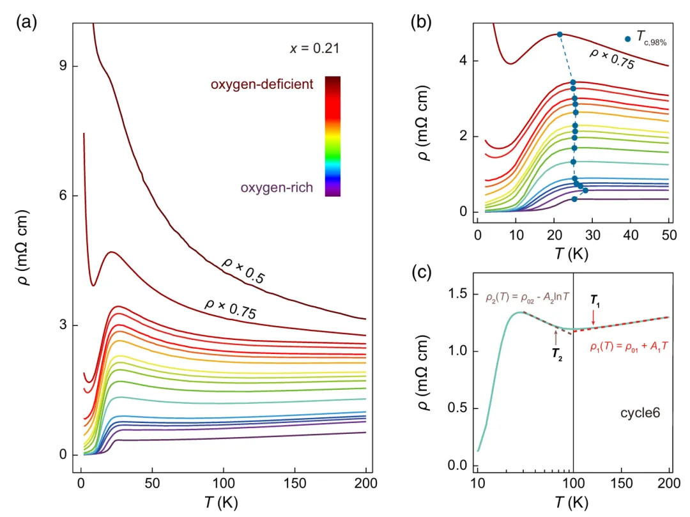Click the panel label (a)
pyautogui.click(x=26, y=23)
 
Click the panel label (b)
pyautogui.click(x=421, y=23)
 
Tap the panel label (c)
pyautogui.click(x=421, y=273)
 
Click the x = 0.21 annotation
pyautogui.click(x=314, y=49)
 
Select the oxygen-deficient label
pyautogui.click(x=262, y=84)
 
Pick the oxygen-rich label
pyautogui.click(x=277, y=188)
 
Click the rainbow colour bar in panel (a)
pyautogui.click(x=332, y=135)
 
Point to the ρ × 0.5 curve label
pyautogui.click(x=243, y=271)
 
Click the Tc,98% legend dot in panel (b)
pyautogui.click(x=628, y=39)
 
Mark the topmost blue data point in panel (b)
pyautogui.click(x=560, y=35)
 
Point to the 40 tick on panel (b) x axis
pyautogui.click(x=631, y=235)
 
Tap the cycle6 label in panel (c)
pyautogui.click(x=640, y=413)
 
